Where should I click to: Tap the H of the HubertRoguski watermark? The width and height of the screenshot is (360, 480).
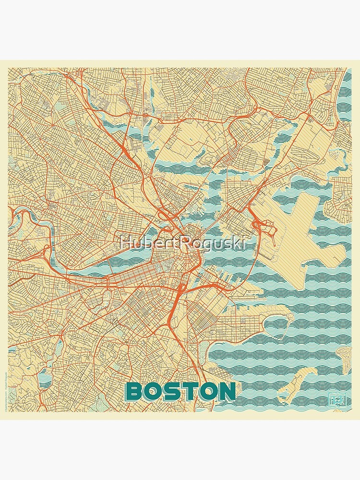126,243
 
